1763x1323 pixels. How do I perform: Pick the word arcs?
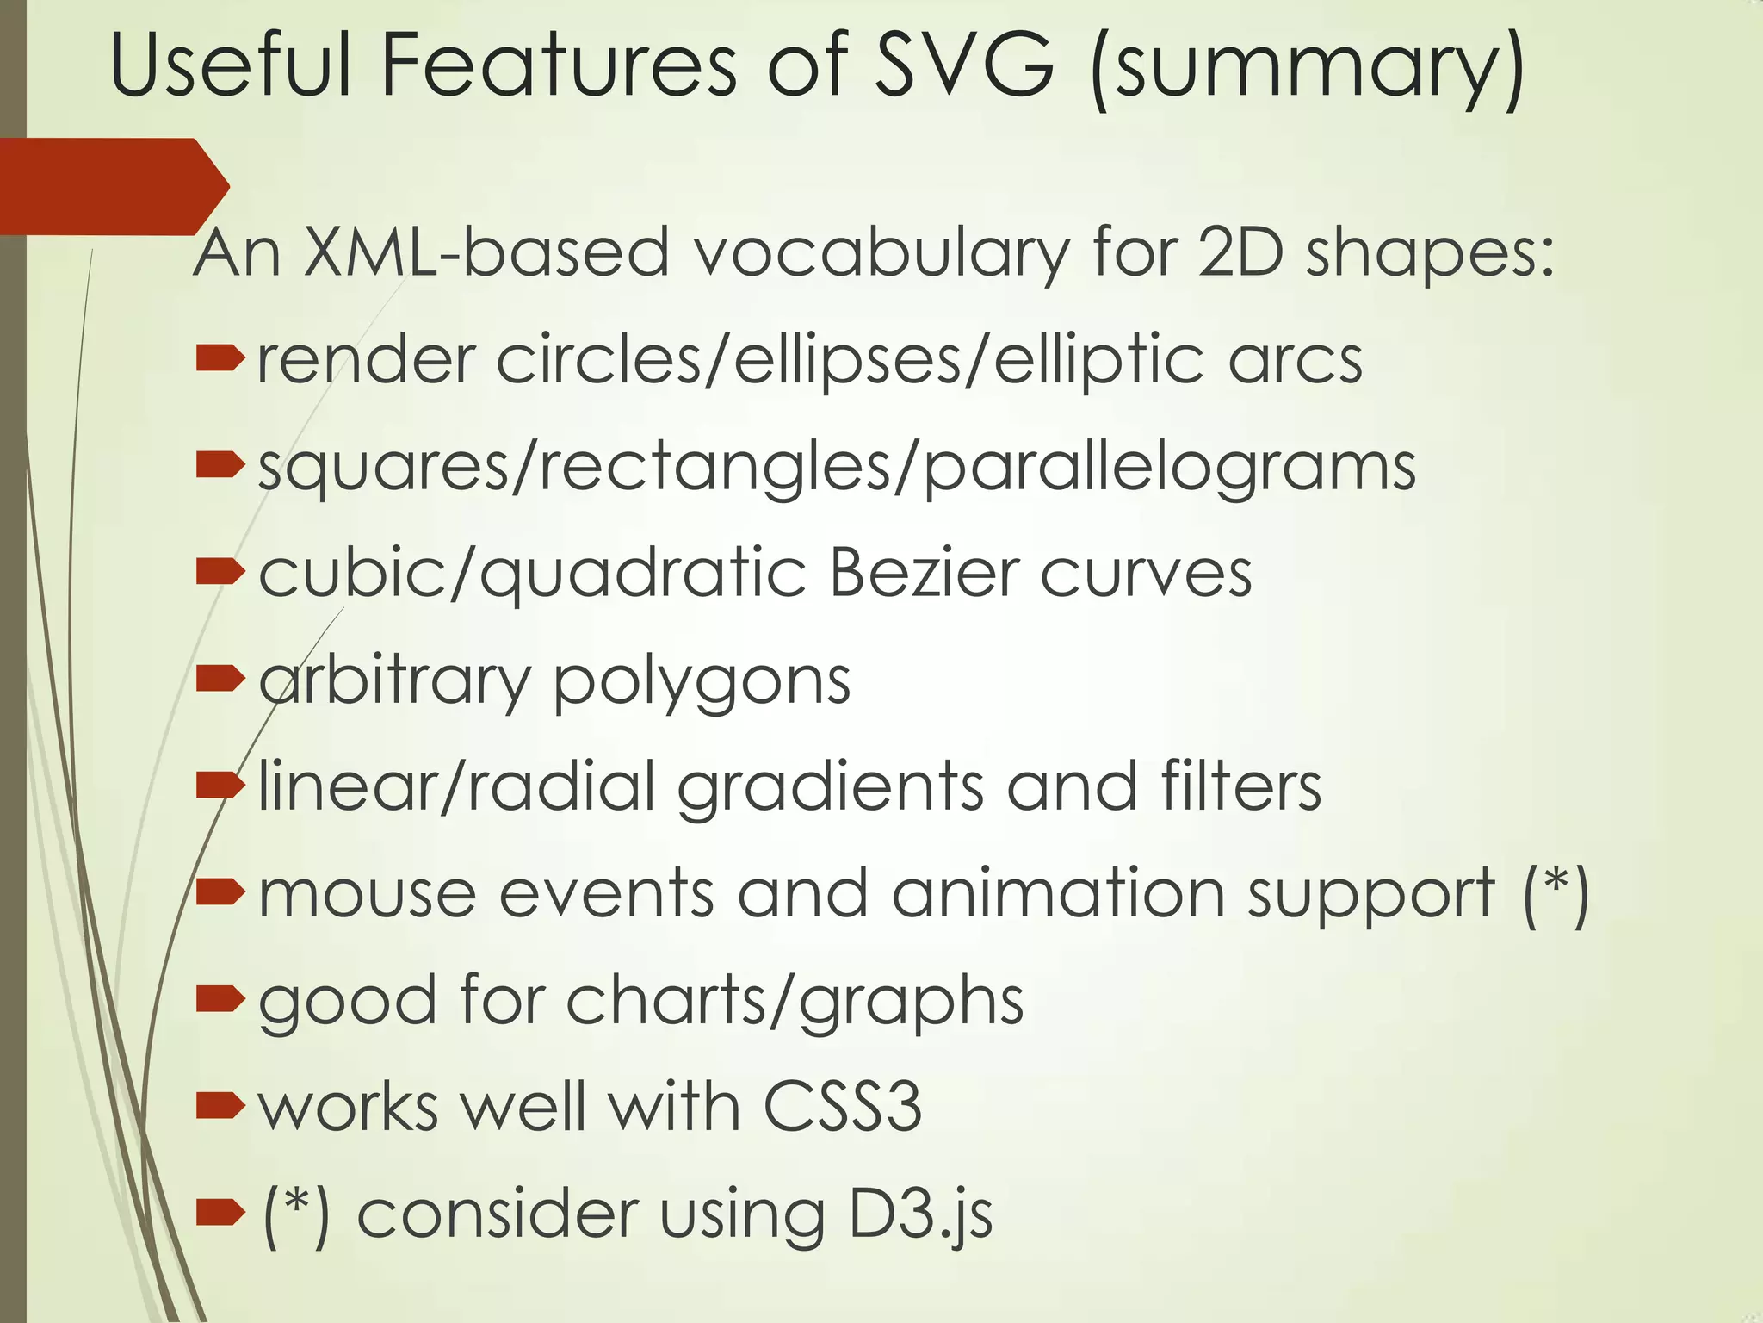pyautogui.click(x=1295, y=360)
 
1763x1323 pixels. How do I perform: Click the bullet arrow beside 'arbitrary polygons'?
pyautogui.click(x=220, y=680)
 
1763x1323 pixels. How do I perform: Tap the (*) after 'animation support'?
pyautogui.click(x=1555, y=896)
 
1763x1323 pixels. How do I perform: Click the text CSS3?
pyautogui.click(x=842, y=1107)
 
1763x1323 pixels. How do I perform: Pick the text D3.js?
pyautogui.click(x=920, y=1214)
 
